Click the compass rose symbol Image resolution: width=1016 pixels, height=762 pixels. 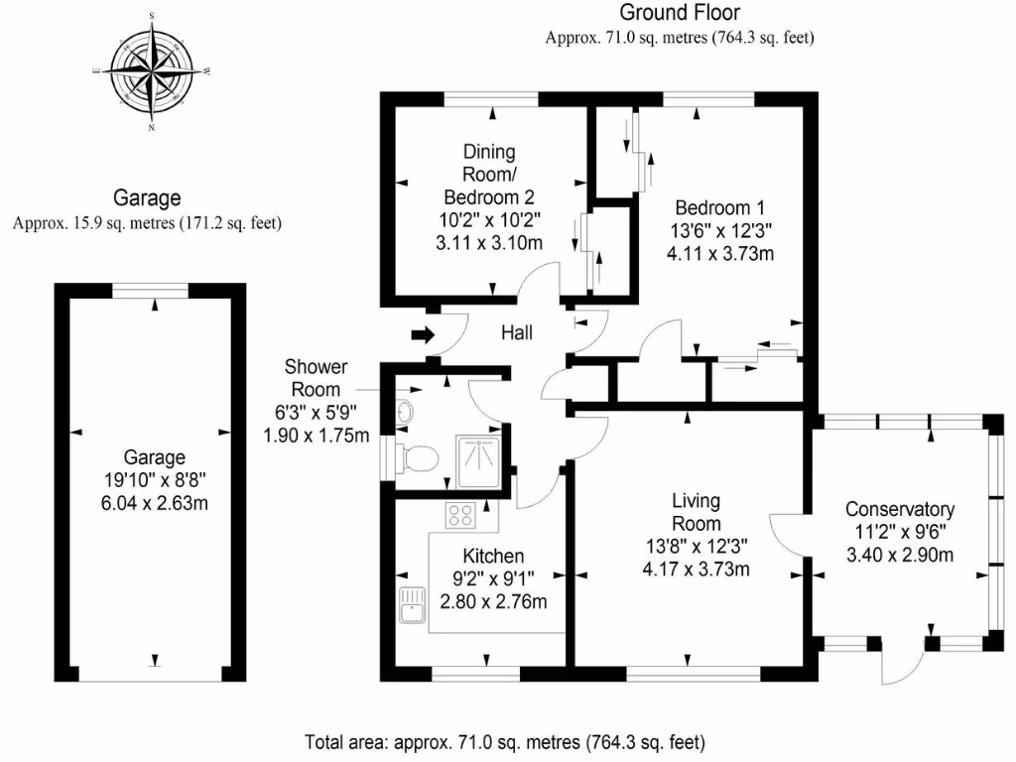click(x=152, y=72)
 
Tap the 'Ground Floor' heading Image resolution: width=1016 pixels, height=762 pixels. click(x=680, y=13)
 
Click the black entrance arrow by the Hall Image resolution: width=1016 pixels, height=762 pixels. click(x=421, y=334)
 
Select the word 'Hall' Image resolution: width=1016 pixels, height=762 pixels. click(x=516, y=333)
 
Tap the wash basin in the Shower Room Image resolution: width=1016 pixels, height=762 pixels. click(x=404, y=412)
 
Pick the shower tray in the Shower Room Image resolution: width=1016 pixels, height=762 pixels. click(x=478, y=459)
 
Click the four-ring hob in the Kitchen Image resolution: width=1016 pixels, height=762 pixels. click(x=461, y=514)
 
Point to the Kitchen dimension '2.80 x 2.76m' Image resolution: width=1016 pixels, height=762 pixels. click(x=493, y=601)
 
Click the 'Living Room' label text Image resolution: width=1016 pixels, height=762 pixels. click(x=696, y=512)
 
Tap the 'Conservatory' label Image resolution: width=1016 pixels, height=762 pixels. click(x=899, y=509)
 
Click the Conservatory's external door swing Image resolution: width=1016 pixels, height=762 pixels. click(x=904, y=665)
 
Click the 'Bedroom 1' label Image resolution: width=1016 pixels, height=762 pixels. click(x=719, y=208)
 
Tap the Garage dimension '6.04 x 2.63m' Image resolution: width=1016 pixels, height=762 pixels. click(x=154, y=503)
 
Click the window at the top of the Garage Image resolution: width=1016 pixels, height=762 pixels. click(x=149, y=290)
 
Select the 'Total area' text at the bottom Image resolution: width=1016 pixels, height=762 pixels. click(x=504, y=741)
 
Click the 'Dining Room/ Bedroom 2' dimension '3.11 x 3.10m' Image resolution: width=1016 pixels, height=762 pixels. click(x=491, y=239)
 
